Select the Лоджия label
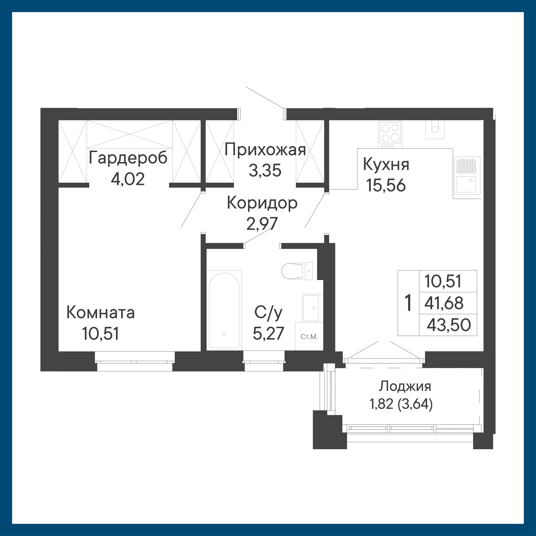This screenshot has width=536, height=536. point(405,386)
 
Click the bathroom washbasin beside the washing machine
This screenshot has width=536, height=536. point(312,308)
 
